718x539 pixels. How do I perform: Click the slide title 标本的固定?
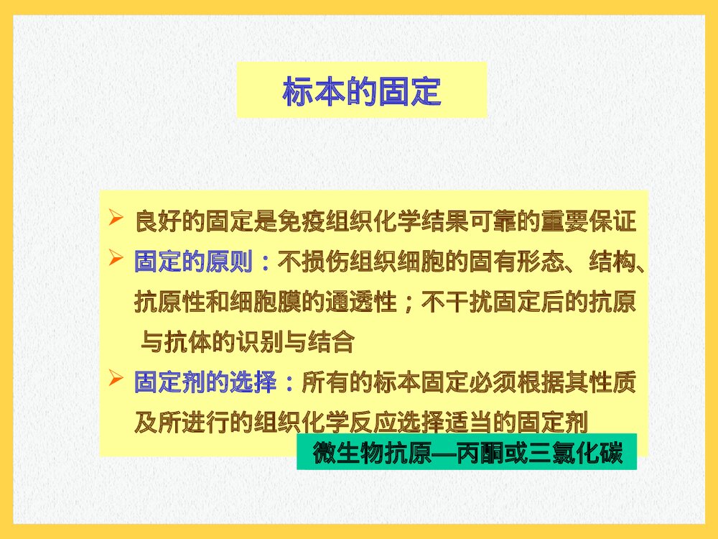[361, 93]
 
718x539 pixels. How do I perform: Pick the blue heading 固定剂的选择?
[205, 382]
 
